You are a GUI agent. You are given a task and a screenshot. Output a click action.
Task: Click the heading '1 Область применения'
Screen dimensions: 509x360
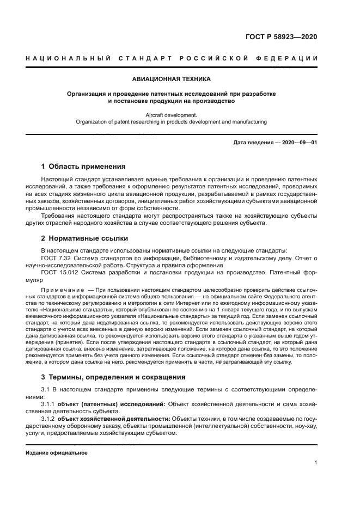point(83,167)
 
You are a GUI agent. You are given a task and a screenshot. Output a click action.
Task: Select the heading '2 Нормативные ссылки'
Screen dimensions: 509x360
point(84,238)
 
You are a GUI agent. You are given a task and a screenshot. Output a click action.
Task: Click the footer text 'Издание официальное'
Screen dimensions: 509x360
point(57,452)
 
